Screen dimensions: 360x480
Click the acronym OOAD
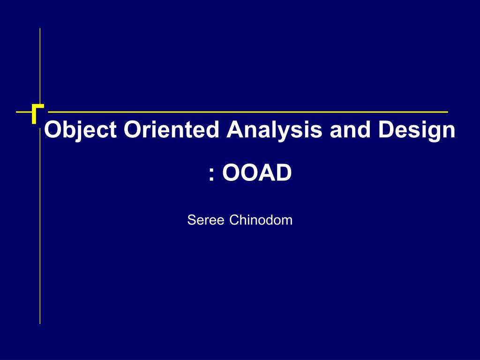[257, 173]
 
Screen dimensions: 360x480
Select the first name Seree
[206, 220]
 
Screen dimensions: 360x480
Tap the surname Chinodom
[261, 220]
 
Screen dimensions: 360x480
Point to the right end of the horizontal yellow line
[447, 112]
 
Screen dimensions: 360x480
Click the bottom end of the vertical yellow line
[40, 322]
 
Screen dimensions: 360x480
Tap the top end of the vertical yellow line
[40, 30]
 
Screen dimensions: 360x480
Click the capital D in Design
[386, 130]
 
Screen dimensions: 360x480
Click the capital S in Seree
[191, 220]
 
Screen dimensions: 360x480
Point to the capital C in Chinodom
[233, 220]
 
